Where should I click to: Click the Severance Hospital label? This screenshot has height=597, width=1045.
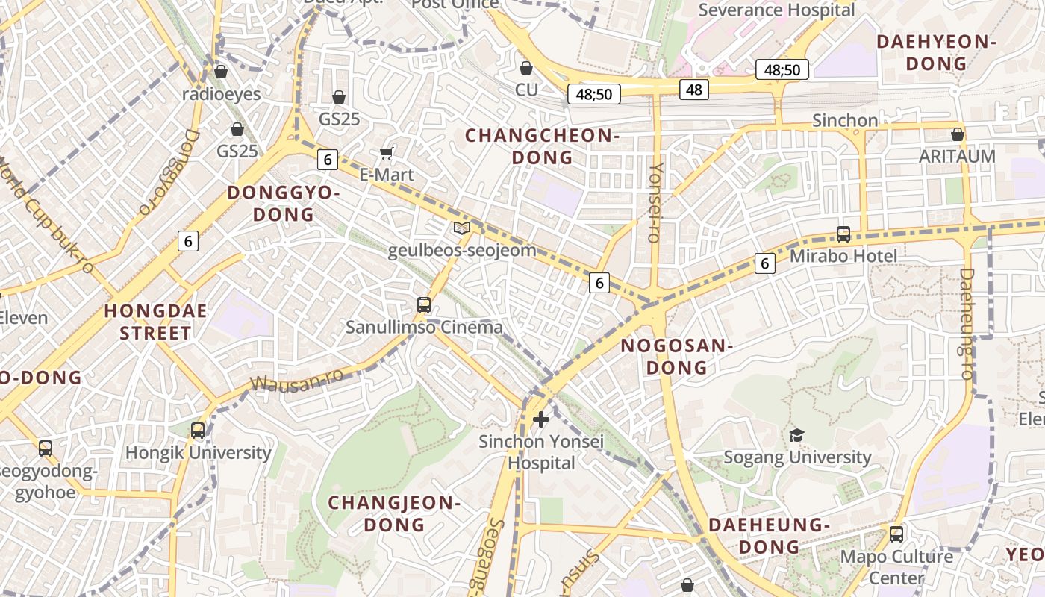tap(776, 10)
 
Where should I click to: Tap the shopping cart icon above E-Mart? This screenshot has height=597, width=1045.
tap(386, 153)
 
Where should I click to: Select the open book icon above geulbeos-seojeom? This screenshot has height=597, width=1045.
tap(462, 228)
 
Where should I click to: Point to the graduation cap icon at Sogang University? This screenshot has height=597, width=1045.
tap(796, 435)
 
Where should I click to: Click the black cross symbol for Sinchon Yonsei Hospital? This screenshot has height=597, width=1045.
tap(541, 419)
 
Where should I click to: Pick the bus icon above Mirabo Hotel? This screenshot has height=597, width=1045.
tap(843, 234)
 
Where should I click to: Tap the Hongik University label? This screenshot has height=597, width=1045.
tap(198, 452)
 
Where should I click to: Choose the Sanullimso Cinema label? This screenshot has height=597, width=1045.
tap(424, 327)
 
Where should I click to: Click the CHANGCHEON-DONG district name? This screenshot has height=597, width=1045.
tap(542, 146)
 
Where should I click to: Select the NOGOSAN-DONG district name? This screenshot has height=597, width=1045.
tap(676, 356)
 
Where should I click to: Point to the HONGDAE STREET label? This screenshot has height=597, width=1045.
tap(155, 322)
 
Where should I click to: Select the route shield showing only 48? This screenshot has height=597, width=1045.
tap(694, 90)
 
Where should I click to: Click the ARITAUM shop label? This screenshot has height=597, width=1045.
tap(957, 156)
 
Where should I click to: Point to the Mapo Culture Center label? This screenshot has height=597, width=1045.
tap(896, 567)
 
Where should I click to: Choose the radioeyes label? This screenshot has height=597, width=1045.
tap(222, 94)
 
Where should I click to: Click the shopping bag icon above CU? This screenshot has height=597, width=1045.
tap(526, 69)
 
